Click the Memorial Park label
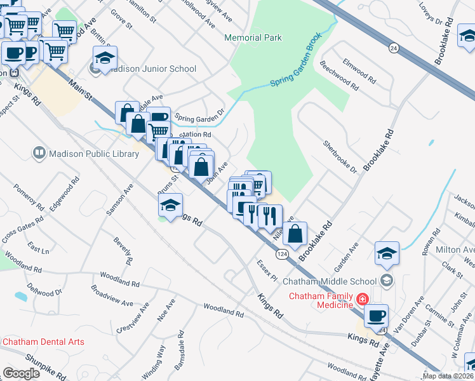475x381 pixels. tap(253, 37)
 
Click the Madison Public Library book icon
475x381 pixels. tap(39, 153)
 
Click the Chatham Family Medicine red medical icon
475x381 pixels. tap(361, 298)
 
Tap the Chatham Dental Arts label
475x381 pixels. tap(43, 342)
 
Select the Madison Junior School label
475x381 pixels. tap(152, 69)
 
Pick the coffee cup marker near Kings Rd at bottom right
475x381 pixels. tap(376, 315)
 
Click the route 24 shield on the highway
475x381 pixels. tap(394, 48)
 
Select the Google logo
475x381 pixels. tap(22, 373)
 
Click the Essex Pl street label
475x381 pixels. tap(267, 270)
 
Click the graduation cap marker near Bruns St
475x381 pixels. tap(170, 205)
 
